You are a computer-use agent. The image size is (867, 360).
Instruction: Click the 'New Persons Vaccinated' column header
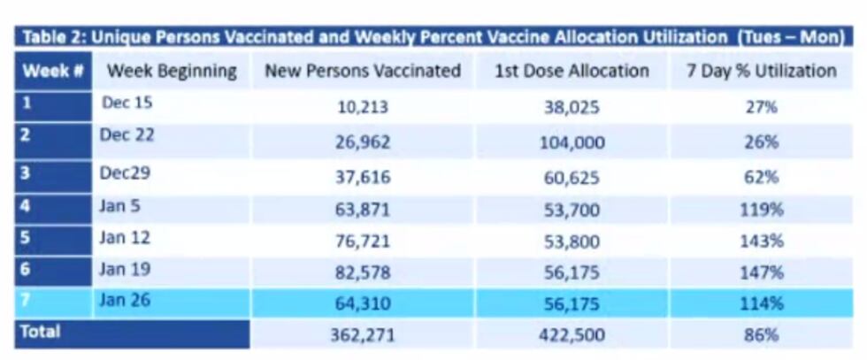coord(362,72)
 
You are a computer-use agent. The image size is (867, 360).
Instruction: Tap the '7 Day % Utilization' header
coord(761,72)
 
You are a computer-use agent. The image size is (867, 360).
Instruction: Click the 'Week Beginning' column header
coord(172,71)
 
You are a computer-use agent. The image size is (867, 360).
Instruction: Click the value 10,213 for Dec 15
coord(363,108)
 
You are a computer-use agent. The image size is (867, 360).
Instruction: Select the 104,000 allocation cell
coord(572,142)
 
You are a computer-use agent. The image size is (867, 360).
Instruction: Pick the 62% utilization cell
coord(761,175)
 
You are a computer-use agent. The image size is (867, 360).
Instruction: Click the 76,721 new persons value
coord(363,241)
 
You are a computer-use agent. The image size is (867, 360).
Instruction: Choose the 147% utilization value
coord(761,272)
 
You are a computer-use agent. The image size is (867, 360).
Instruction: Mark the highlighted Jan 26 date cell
coord(126,300)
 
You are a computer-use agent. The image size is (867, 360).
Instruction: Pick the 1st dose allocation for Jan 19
coord(572,272)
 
